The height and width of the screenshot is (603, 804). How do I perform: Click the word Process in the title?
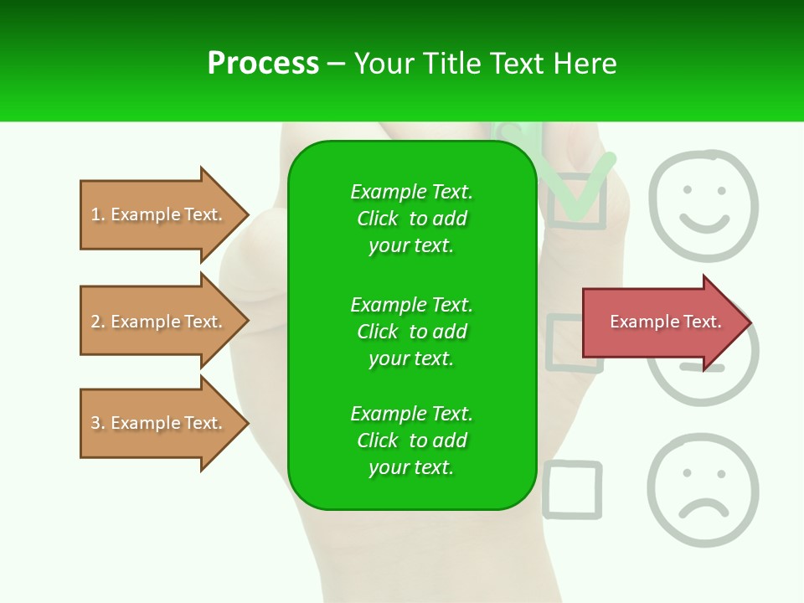[x=263, y=64]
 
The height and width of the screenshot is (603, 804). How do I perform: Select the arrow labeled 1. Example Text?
[x=159, y=214]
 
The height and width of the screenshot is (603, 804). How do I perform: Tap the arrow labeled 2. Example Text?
[x=159, y=322]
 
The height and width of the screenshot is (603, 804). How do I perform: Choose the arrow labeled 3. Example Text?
[x=159, y=423]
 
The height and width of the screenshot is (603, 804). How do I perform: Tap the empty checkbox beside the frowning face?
[x=573, y=490]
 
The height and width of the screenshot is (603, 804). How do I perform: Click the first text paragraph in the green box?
[x=411, y=219]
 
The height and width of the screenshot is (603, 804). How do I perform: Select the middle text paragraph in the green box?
[x=411, y=332]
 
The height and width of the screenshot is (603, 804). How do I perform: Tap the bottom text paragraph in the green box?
[x=411, y=441]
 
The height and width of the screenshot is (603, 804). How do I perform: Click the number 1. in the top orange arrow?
[x=98, y=214]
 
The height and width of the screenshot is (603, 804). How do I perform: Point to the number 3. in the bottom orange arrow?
[x=98, y=423]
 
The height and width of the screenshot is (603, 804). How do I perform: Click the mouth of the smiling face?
[x=703, y=223]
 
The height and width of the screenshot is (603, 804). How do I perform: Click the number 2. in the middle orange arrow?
[x=98, y=322]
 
